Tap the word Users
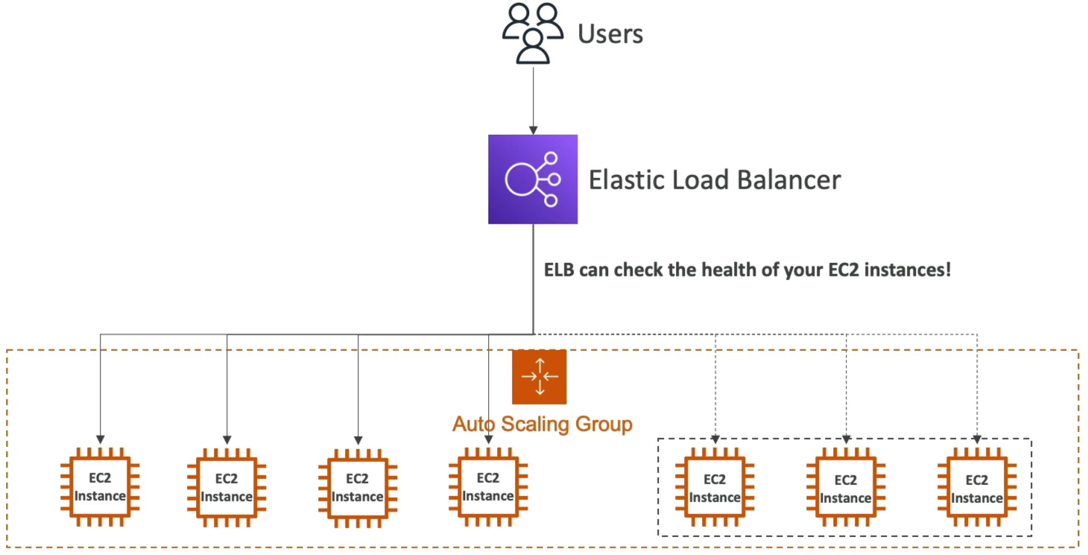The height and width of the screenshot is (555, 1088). (610, 34)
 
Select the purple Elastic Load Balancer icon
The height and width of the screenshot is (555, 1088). (533, 180)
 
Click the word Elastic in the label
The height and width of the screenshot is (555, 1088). (627, 180)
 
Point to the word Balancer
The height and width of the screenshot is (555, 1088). (788, 180)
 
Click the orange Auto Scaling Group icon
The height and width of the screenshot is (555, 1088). (539, 377)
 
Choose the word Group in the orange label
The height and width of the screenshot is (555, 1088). (604, 425)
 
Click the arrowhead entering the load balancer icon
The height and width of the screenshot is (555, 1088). (534, 130)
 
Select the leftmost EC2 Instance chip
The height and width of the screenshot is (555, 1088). (100, 487)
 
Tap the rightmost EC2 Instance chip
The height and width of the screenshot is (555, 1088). (977, 487)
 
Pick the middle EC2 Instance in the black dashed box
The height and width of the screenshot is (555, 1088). (846, 487)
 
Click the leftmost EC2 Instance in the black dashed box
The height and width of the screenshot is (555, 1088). (715, 487)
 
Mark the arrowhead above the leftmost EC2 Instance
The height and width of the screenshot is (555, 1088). (100, 440)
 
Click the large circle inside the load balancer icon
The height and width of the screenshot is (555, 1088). (521, 180)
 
